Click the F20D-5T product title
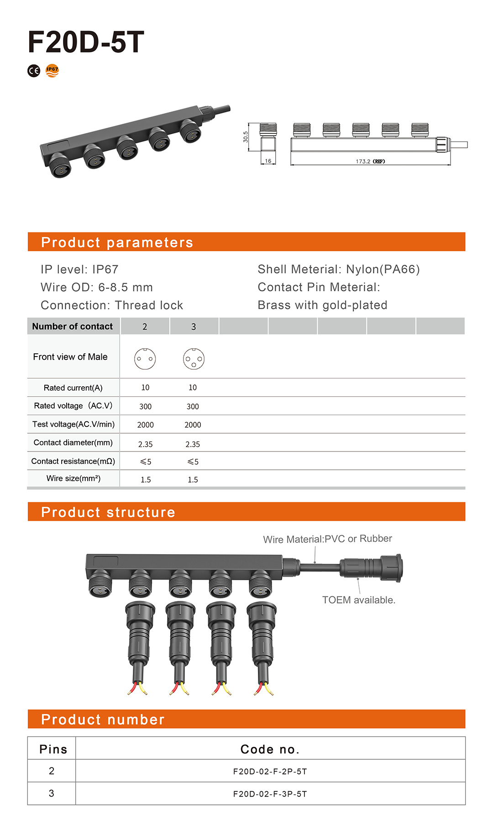click(86, 42)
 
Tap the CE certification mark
click(34, 71)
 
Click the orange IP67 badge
click(52, 71)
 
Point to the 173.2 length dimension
click(370, 161)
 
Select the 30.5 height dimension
click(246, 137)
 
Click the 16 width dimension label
click(268, 161)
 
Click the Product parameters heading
click(117, 242)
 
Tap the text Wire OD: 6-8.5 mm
click(97, 287)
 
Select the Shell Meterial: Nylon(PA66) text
click(339, 269)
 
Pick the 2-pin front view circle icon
click(145, 359)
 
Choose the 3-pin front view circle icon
click(194, 359)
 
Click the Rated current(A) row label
click(73, 388)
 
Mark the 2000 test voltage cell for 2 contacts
click(145, 425)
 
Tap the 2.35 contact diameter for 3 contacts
click(193, 444)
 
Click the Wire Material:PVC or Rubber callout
click(327, 539)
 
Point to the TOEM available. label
click(359, 600)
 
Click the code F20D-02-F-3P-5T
click(270, 794)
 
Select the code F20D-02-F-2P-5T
click(270, 772)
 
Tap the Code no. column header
click(270, 749)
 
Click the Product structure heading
click(108, 512)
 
